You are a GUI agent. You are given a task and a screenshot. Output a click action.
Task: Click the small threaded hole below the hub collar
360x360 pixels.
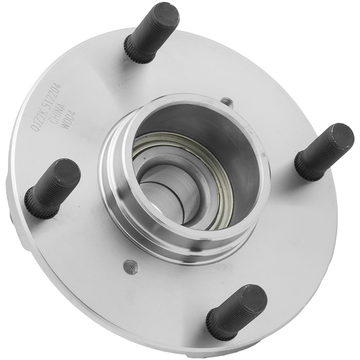click(130, 267)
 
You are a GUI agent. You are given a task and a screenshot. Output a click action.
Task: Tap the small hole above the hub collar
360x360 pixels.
click(226, 102)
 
